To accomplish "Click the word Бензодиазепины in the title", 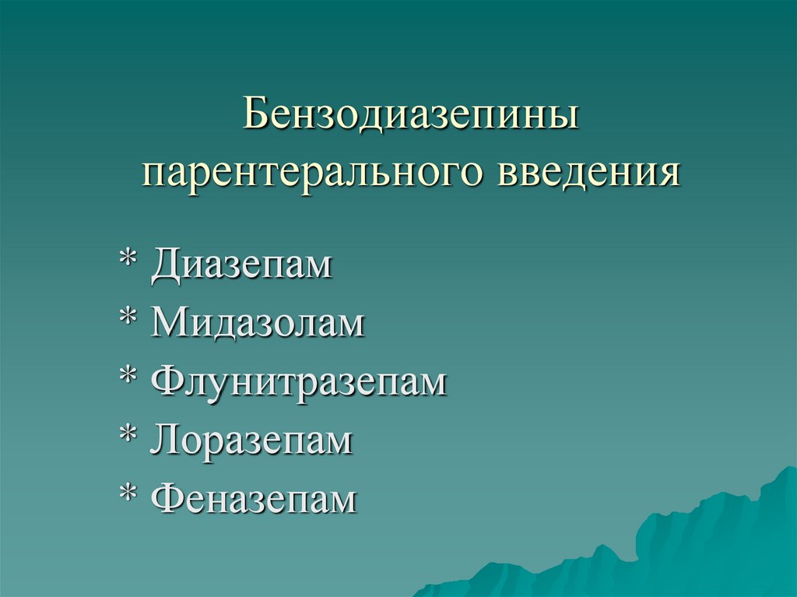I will click(411, 114).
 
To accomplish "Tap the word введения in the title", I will click(588, 171).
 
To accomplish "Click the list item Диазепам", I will click(242, 264).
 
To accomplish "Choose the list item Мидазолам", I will click(258, 322).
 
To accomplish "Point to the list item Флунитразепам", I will click(300, 381).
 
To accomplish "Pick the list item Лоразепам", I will click(252, 441).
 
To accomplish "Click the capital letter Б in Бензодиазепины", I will click(256, 114).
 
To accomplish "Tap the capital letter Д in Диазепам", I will click(167, 265).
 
